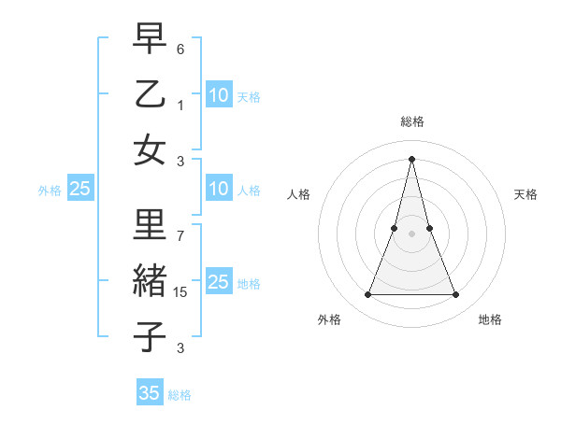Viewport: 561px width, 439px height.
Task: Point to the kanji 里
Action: point(150,225)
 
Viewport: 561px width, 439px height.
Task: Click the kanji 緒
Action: point(150,281)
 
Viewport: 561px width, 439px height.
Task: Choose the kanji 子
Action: point(150,337)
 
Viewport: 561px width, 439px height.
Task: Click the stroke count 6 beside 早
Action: point(181,47)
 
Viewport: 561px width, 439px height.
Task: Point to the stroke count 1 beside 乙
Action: point(181,105)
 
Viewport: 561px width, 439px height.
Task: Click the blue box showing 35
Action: point(150,393)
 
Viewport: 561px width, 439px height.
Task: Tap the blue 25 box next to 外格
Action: point(80,189)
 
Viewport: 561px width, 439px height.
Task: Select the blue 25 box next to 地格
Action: point(219,282)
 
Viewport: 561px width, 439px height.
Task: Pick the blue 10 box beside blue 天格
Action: point(219,95)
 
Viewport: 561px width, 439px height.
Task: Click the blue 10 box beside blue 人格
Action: point(219,189)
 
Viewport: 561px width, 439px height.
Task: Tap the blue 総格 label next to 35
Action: point(180,395)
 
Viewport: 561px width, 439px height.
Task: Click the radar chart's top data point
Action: point(411,158)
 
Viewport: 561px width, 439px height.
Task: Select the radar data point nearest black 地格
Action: point(456,295)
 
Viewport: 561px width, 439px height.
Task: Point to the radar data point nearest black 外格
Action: point(367,295)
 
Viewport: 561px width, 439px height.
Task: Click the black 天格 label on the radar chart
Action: point(525,194)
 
